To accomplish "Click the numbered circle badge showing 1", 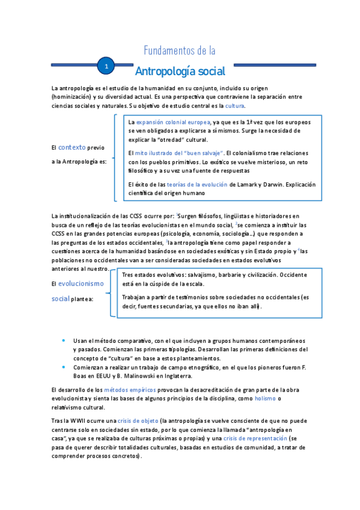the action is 106,66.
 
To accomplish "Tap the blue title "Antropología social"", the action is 180,72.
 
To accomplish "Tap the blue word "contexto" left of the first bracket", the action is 72,147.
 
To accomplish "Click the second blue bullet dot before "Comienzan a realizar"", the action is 64,366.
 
